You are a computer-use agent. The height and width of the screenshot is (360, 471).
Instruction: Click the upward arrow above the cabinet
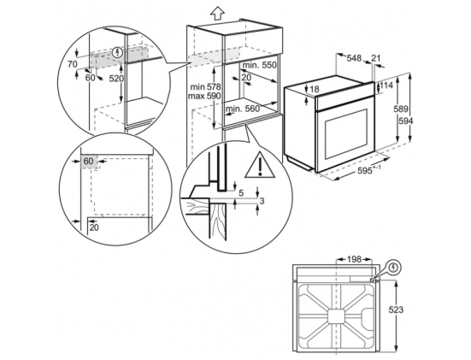[217, 13]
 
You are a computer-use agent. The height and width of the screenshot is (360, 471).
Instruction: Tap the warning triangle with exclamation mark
[260, 165]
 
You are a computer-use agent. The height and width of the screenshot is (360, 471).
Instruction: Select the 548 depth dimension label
[354, 58]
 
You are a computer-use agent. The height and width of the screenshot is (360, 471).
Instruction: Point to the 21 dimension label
[376, 58]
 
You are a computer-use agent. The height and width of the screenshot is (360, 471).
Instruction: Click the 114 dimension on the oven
[386, 86]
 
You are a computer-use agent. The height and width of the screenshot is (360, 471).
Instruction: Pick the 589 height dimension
[401, 109]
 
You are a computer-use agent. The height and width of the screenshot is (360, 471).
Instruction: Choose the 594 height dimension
[406, 121]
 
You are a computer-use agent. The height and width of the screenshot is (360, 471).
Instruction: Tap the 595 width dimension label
[365, 171]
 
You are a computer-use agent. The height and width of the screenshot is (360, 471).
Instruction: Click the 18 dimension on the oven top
[315, 89]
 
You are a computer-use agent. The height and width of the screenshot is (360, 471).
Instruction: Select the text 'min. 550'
[259, 65]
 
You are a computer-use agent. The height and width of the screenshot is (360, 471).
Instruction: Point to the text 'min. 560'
[243, 109]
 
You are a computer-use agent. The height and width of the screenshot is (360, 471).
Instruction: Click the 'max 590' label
[204, 96]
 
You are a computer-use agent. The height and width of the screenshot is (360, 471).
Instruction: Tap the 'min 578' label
[206, 87]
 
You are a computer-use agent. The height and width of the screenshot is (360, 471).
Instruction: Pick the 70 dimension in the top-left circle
[73, 64]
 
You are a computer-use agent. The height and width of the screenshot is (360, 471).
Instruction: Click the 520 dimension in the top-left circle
[116, 79]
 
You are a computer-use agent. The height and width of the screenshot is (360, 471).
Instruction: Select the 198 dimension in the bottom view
[354, 259]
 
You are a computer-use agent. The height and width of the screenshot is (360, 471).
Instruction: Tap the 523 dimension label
[396, 310]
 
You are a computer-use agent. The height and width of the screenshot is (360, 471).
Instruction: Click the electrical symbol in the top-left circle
[117, 53]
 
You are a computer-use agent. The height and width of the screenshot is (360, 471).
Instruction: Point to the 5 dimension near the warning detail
[241, 193]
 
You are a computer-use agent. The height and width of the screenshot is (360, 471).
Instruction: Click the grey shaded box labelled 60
[89, 162]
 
